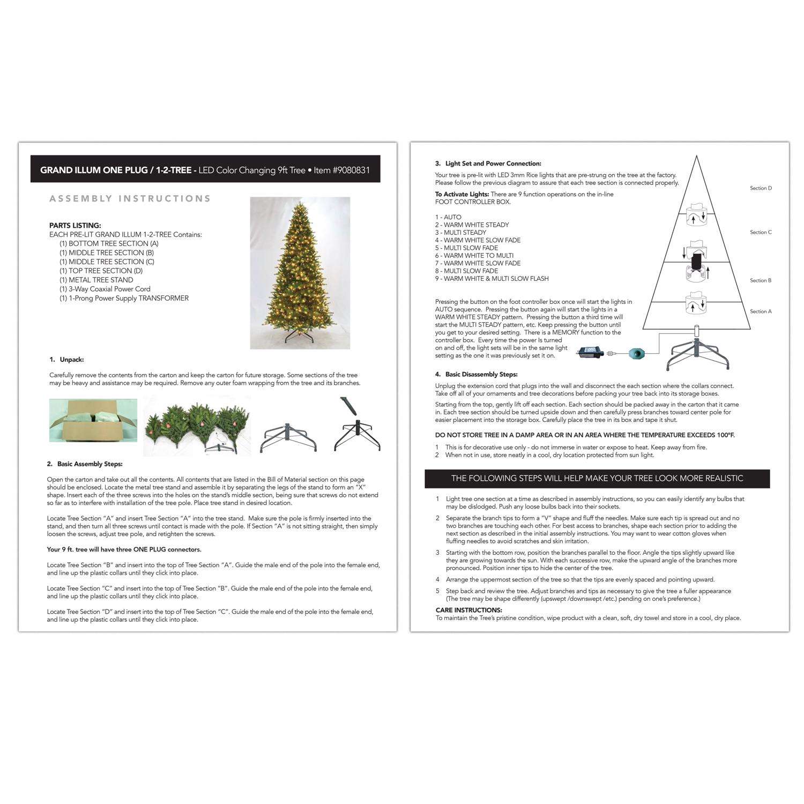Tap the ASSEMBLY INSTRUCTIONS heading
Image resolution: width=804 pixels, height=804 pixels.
click(x=130, y=199)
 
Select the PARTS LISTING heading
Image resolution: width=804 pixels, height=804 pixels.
click(x=75, y=226)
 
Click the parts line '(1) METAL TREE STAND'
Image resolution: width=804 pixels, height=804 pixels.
click(x=96, y=280)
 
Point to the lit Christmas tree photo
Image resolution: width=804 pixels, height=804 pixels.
click(x=300, y=273)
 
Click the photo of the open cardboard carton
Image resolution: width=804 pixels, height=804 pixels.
click(x=93, y=420)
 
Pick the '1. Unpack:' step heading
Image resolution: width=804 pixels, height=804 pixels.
click(x=66, y=360)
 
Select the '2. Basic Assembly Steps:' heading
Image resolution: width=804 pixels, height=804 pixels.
click(x=85, y=464)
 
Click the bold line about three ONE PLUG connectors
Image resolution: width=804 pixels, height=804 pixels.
click(x=124, y=549)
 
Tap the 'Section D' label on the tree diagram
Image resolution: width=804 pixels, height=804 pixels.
click(x=761, y=188)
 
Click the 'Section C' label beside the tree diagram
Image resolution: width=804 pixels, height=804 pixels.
click(x=761, y=232)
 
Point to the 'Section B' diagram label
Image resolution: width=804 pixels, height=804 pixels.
click(x=761, y=280)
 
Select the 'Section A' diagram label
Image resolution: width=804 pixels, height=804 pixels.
click(x=761, y=311)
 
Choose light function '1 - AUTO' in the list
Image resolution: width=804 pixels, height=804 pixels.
click(x=448, y=217)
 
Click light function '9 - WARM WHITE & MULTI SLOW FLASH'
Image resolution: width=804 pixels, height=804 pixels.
click(x=492, y=279)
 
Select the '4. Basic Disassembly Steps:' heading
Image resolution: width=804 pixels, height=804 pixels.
click(x=476, y=375)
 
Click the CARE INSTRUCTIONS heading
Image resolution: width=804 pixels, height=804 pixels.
click(x=468, y=610)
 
